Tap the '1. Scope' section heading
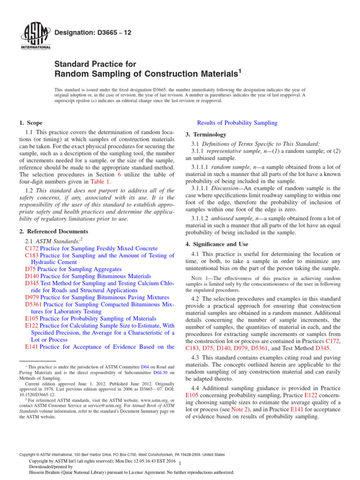pos(31,123)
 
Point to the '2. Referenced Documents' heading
pos(53,232)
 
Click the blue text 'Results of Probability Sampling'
pos(237,123)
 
